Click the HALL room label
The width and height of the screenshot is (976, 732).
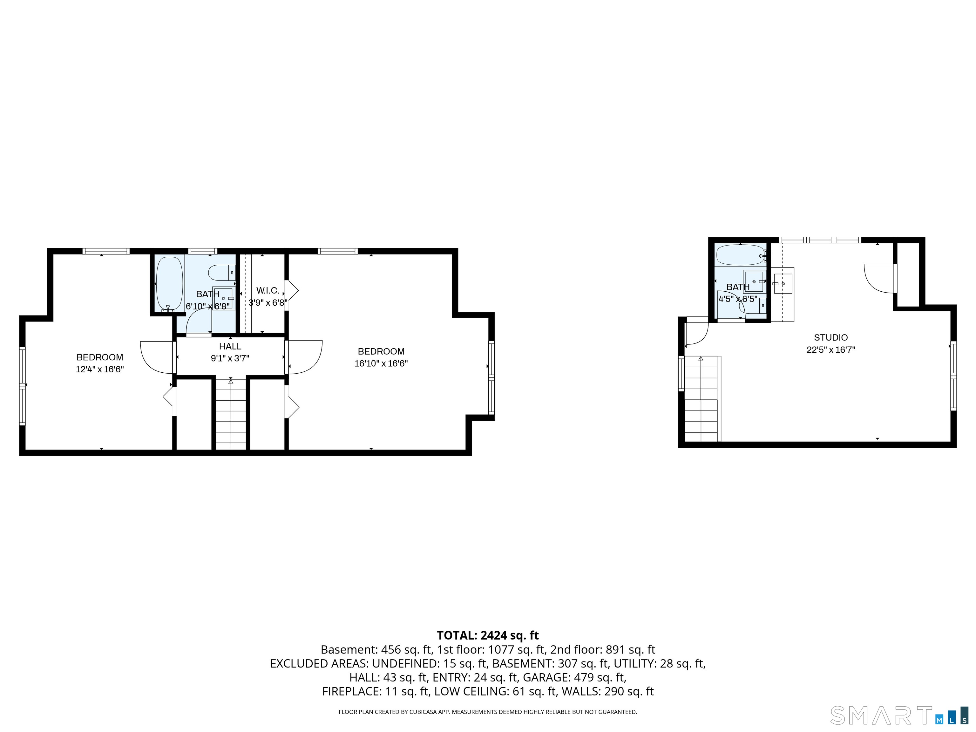coord(230,346)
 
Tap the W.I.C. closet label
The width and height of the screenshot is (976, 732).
coord(268,290)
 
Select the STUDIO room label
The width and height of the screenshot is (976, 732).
coord(830,337)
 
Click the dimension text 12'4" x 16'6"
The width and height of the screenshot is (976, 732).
coord(100,369)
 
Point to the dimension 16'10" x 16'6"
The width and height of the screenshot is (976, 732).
coord(381,363)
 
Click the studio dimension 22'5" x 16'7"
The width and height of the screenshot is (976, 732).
coord(830,350)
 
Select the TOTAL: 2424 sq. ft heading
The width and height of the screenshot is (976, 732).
coord(488,635)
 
